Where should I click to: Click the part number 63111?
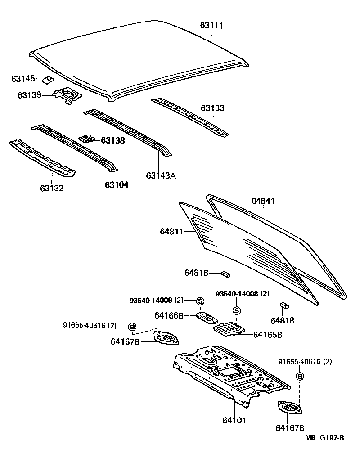point(211,26)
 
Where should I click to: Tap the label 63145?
point(22,79)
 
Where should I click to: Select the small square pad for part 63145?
point(47,80)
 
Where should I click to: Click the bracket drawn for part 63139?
point(67,96)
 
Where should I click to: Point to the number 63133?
point(212,108)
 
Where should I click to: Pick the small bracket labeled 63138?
point(87,139)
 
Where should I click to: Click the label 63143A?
point(160,175)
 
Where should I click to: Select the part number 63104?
point(117,184)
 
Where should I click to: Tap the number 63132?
point(51,188)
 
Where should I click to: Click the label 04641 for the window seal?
point(263,201)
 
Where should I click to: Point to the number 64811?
point(171,232)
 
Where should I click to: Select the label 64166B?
point(169,316)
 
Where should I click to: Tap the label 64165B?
point(267,334)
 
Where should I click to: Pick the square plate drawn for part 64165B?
point(229,329)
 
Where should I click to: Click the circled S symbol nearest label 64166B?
point(200,301)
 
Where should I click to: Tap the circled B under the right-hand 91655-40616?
point(300,376)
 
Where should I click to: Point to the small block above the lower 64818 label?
point(284,305)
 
